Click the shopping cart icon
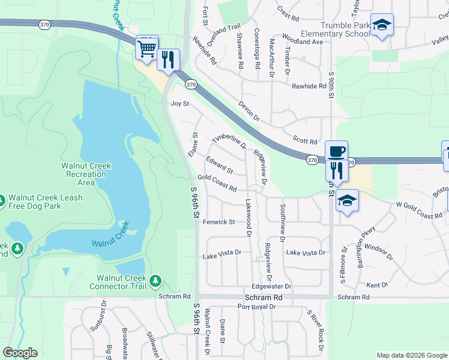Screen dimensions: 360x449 148,48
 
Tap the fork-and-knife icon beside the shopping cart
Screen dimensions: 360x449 168,59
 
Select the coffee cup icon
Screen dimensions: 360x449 336,151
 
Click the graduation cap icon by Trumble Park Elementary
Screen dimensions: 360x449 382,25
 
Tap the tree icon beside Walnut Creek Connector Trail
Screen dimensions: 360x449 155,280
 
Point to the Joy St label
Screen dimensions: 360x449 180,104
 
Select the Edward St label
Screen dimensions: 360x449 219,164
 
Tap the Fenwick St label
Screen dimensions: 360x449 218,222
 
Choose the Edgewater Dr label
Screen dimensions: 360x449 271,287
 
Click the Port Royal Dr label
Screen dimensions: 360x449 256,307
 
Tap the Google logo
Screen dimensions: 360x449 20,353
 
